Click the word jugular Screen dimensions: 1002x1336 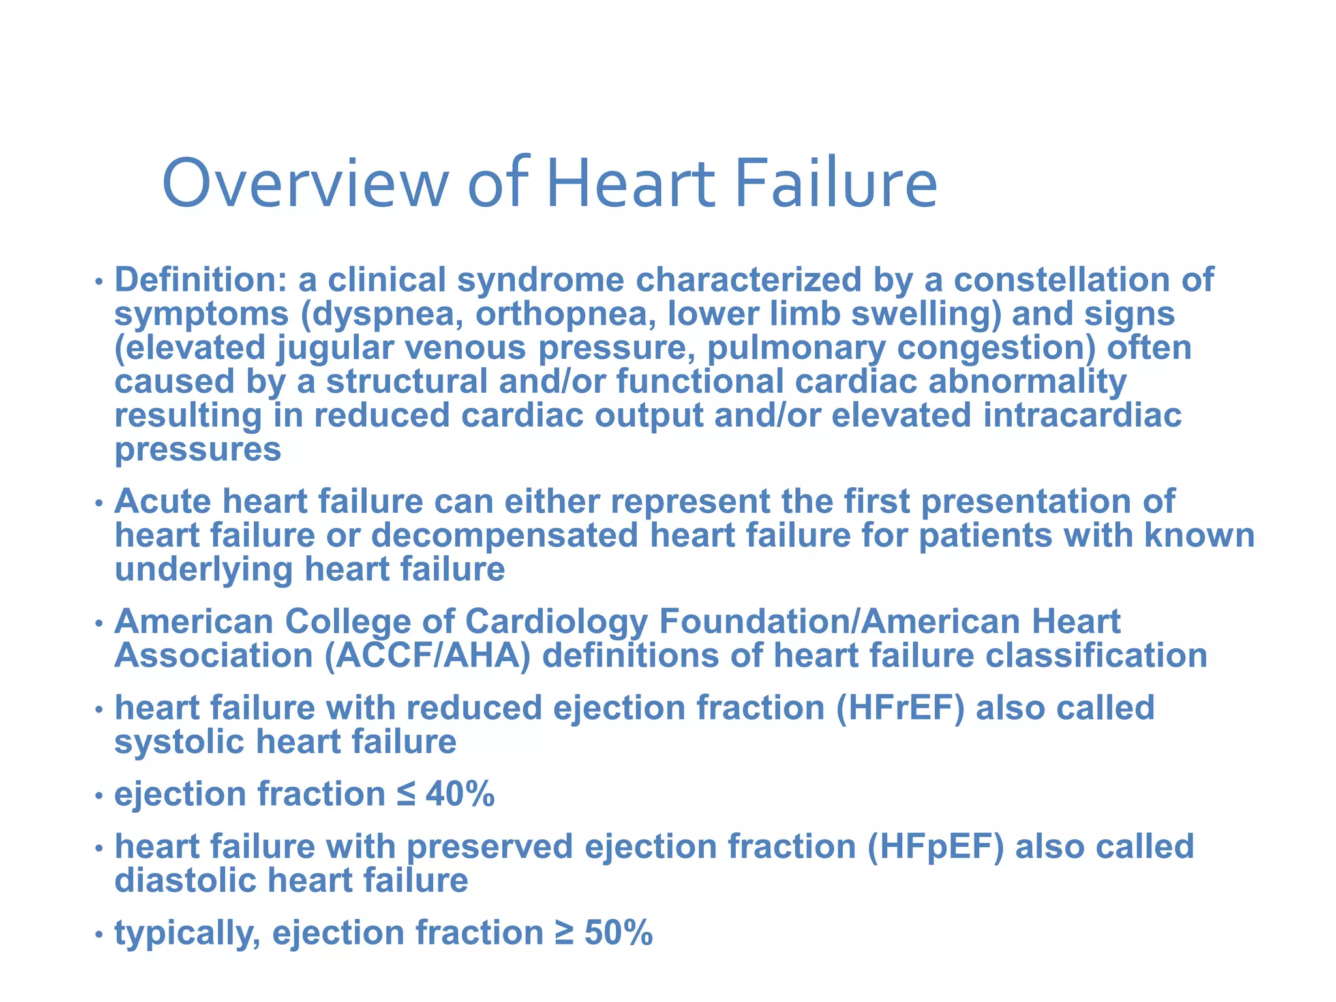coord(335,348)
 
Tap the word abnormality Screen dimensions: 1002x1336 coord(1027,382)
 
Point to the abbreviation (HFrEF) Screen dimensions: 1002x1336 coord(900,708)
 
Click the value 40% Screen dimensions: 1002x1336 coord(461,795)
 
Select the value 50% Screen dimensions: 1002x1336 coord(618,933)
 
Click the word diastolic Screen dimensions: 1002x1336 coord(185,881)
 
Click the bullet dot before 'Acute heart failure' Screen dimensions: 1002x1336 coord(99,504)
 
